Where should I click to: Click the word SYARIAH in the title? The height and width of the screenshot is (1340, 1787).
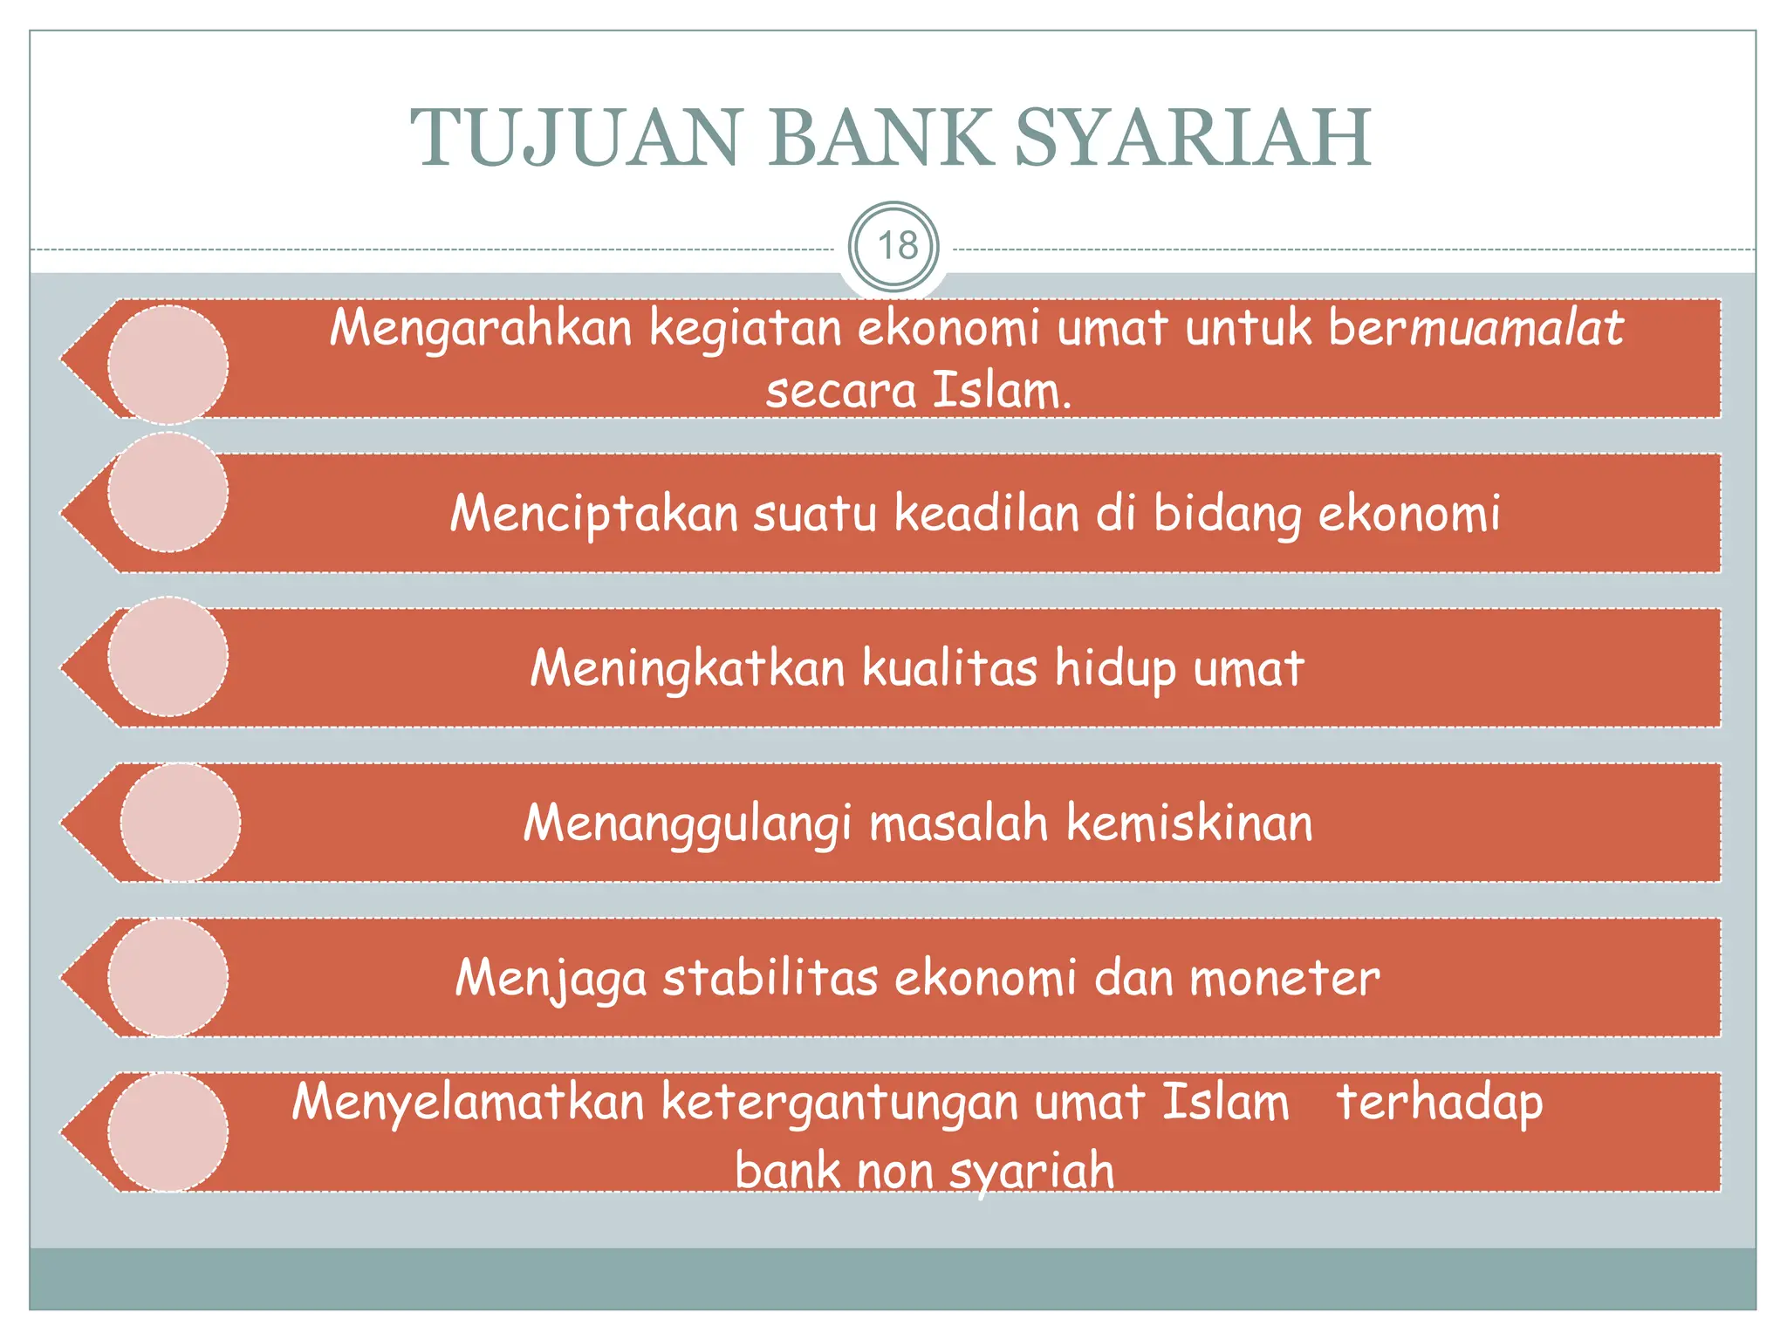tap(1193, 138)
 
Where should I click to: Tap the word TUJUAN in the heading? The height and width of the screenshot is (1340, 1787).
tap(576, 138)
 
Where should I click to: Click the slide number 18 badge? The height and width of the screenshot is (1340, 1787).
tap(894, 247)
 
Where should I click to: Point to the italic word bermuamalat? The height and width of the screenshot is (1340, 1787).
tap(1475, 329)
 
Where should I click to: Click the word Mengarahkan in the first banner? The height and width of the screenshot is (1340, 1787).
tap(481, 329)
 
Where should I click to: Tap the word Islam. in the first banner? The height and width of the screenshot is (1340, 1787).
tap(1001, 390)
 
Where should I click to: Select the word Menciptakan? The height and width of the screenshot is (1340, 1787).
tap(594, 513)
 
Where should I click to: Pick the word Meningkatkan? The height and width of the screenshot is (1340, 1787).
tap(688, 668)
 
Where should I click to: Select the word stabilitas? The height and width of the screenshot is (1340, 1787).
tap(770, 978)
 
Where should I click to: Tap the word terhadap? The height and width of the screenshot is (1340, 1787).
tap(1440, 1102)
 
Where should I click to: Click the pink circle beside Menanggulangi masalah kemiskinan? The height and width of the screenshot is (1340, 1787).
tap(181, 823)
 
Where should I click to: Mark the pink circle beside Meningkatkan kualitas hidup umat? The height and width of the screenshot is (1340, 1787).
tap(168, 657)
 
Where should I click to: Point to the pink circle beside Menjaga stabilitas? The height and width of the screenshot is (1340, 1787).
tap(168, 977)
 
